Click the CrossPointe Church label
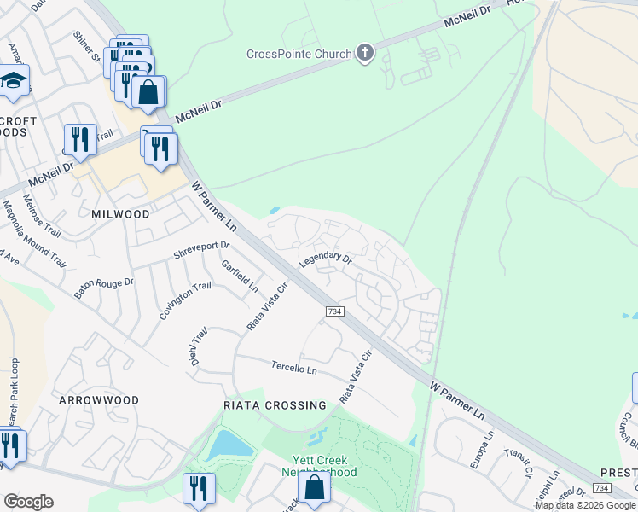[299, 55]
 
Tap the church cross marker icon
[365, 54]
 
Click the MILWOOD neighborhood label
[120, 214]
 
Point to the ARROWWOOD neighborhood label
[99, 399]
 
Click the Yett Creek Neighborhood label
[319, 466]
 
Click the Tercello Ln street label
[294, 369]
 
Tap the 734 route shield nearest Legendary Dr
[335, 312]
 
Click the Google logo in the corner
[28, 502]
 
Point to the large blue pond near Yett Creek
[228, 445]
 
